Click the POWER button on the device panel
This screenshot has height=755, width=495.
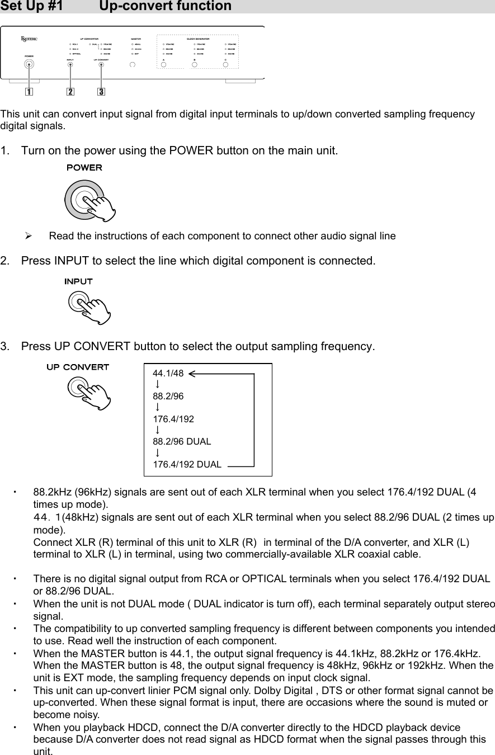(28, 64)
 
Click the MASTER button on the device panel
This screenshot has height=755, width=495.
(133, 64)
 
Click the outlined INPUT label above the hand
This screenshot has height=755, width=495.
(79, 281)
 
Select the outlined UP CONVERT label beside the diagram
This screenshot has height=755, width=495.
(77, 367)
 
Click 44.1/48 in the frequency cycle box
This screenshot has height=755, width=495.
(168, 374)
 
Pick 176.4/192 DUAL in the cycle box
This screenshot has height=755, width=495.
(187, 464)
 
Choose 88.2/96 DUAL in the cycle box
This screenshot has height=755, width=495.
(182, 441)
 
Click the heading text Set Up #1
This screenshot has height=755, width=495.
(31, 7)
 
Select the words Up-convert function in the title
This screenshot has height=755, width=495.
(165, 7)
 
